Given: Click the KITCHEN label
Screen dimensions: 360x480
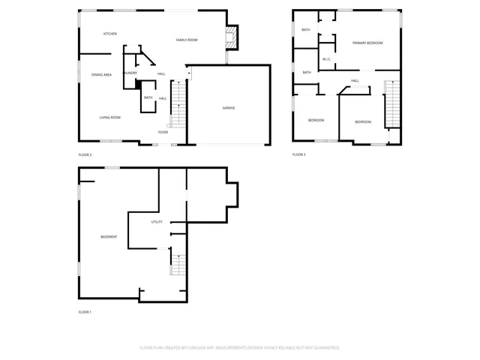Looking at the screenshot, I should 110,34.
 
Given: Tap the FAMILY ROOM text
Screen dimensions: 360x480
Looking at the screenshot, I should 187,40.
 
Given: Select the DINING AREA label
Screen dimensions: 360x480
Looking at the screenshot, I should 102,75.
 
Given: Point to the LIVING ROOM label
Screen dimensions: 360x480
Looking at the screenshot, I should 110,118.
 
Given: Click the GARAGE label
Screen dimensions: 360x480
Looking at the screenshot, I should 229,108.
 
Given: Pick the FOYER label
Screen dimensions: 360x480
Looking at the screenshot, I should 163,133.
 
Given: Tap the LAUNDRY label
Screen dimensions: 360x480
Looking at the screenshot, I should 130,73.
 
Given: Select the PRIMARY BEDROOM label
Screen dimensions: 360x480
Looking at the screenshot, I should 367,43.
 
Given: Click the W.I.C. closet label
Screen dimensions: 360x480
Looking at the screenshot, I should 327,59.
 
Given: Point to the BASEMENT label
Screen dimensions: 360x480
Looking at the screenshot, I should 109,237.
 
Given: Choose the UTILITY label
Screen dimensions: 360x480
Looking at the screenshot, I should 157,222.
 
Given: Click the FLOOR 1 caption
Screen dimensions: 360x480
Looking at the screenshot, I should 85,312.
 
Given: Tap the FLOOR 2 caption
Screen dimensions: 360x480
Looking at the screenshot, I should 85,154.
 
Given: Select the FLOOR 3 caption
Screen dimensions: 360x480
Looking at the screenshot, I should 299,154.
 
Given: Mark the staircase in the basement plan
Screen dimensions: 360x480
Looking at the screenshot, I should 178,265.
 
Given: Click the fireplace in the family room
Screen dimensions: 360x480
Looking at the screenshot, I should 232,38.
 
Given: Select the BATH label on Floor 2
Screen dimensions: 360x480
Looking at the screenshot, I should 148,97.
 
